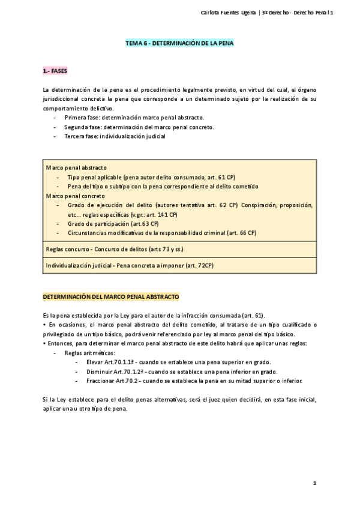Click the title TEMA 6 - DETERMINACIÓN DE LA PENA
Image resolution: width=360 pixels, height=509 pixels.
(x=179, y=43)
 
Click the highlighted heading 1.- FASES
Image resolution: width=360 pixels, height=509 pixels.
(x=55, y=71)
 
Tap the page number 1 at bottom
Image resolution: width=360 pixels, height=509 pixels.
(x=314, y=483)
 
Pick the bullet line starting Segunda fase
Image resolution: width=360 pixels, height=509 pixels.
(x=139, y=127)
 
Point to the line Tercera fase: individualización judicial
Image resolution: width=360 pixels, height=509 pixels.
(x=115, y=136)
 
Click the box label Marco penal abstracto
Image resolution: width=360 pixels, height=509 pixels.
(x=76, y=167)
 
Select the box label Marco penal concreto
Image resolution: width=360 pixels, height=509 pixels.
(x=76, y=196)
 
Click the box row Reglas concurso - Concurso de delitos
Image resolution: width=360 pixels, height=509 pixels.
(x=115, y=249)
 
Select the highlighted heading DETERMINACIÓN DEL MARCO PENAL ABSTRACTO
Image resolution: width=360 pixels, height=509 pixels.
(x=110, y=297)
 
